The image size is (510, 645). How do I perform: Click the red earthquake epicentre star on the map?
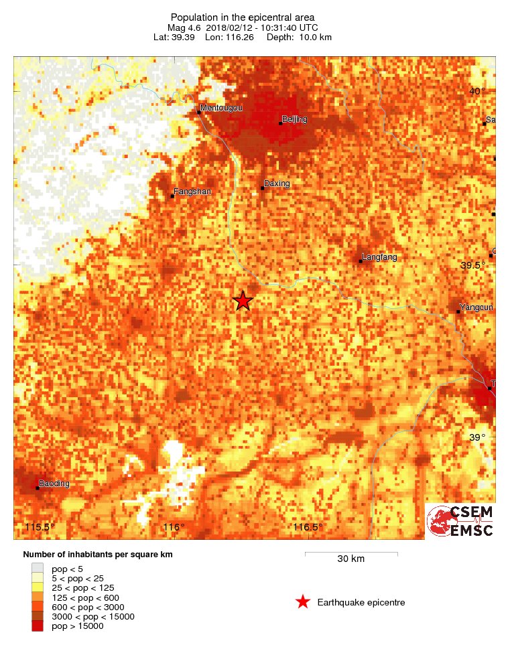[243, 301]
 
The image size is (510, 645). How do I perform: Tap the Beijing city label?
[294, 119]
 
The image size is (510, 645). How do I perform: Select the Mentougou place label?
[222, 108]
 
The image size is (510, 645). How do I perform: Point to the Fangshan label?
[192, 192]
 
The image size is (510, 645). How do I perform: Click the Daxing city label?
[277, 183]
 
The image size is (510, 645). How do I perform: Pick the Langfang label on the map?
[379, 257]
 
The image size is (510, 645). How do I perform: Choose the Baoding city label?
[54, 483]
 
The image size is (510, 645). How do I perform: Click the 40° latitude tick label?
[476, 91]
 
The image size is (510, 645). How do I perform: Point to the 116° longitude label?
[174, 527]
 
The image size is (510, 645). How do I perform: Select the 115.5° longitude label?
[40, 527]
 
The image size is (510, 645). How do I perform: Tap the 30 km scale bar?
[351, 554]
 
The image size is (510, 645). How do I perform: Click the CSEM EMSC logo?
[461, 520]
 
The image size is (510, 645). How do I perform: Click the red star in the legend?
[303, 602]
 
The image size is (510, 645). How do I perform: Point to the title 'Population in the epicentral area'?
[242, 17]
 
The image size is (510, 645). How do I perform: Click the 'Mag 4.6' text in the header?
[184, 27]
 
